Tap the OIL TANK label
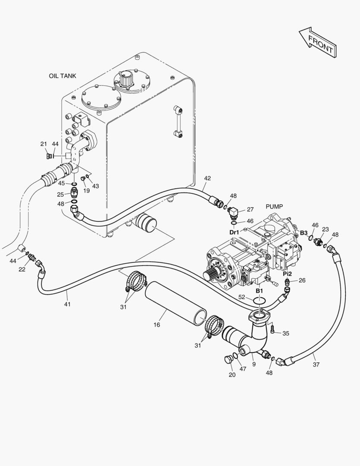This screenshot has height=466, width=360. click(63, 76)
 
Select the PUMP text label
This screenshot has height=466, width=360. click(274, 206)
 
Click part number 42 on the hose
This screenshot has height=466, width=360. click(207, 178)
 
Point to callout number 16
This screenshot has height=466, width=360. click(157, 325)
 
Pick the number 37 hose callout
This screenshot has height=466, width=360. click(316, 364)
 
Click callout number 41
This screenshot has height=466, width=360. click(67, 304)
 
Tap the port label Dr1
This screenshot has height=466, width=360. click(234, 232)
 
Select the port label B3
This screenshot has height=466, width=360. click(304, 233)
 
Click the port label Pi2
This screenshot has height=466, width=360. click(287, 274)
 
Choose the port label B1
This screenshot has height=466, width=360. click(259, 290)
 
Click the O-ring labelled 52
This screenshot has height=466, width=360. click(259, 302)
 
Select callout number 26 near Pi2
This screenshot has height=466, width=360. click(302, 280)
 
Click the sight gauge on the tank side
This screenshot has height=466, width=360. click(178, 121)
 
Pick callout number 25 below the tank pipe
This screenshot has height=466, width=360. click(60, 195)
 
